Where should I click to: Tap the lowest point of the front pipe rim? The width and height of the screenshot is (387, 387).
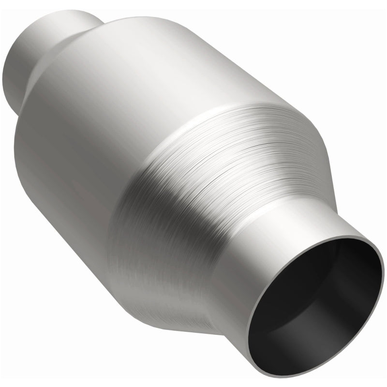point(295,376)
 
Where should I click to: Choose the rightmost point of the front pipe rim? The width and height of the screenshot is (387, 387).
point(375,252)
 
